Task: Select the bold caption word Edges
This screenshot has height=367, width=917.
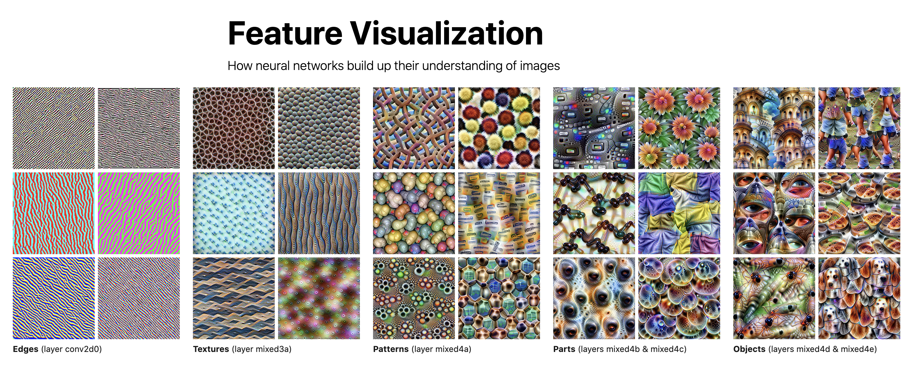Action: [26, 349]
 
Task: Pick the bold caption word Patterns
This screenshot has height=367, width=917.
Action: [391, 349]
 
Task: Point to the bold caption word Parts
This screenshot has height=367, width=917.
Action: [564, 349]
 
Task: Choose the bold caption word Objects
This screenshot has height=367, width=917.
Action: [749, 349]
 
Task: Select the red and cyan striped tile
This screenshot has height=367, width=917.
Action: [54, 213]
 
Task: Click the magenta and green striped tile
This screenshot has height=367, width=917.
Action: [139, 213]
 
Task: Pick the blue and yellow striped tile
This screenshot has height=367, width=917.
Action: [54, 298]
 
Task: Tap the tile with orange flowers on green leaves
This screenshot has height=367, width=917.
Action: [679, 128]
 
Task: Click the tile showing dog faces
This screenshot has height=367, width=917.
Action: [859, 298]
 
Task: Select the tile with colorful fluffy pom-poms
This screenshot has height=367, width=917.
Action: [499, 128]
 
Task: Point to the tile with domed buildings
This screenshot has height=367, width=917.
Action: [774, 128]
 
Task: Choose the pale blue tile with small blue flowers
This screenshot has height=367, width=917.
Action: [234, 213]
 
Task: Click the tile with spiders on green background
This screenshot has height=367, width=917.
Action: [774, 298]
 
